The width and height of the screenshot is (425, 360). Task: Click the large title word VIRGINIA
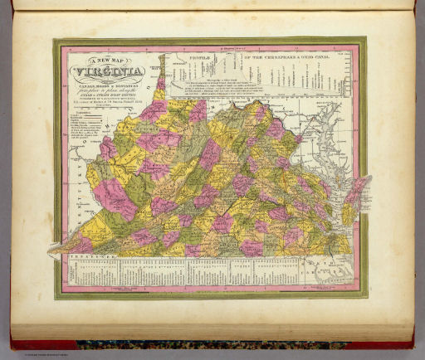click(x=109, y=71)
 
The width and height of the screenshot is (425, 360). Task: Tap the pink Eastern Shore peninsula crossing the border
click(x=357, y=187)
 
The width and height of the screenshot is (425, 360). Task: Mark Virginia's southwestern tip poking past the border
click(x=58, y=244)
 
